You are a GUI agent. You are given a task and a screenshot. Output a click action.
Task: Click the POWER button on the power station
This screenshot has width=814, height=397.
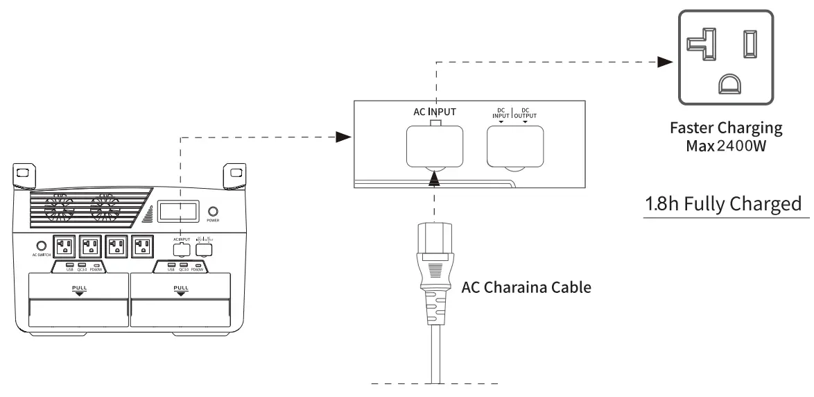click(214, 212)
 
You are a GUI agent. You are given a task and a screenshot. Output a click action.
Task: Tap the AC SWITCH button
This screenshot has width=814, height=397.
click(41, 246)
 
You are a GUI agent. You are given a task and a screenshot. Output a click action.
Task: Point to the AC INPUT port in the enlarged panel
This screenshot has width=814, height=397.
click(433, 146)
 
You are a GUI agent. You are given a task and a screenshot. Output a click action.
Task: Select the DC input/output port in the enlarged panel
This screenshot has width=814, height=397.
click(514, 146)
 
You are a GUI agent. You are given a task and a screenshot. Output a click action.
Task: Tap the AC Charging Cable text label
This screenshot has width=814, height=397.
click(526, 287)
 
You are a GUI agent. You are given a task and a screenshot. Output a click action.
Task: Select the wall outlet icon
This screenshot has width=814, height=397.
click(735, 58)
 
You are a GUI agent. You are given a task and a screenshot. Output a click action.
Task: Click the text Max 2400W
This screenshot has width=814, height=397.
click(726, 147)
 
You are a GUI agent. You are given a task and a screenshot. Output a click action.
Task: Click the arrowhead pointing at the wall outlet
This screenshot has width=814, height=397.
click(665, 62)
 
